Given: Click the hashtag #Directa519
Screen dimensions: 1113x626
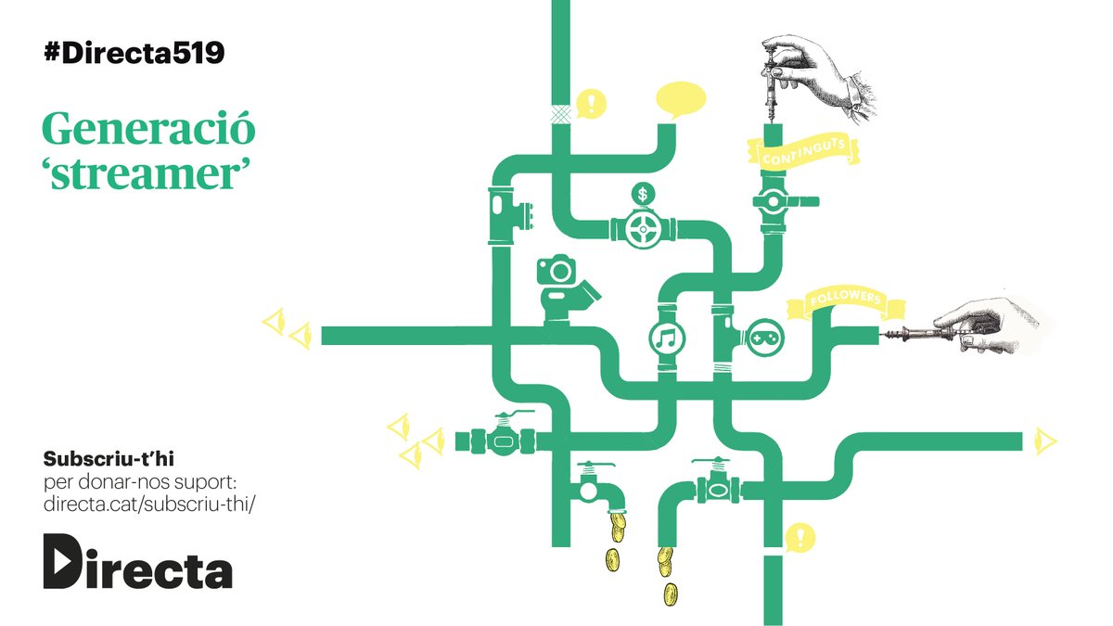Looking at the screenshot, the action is point(134,53).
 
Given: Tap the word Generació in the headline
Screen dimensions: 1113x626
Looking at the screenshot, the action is point(148,128).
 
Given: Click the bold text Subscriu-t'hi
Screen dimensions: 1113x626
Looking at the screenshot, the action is point(109,459).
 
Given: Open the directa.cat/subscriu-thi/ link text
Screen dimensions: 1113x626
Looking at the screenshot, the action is point(149,504).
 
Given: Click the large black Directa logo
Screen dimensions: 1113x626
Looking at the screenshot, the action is point(137,561).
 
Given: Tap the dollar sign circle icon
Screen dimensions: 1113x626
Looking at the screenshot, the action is point(643,194).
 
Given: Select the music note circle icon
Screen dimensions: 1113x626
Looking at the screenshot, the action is point(667,339).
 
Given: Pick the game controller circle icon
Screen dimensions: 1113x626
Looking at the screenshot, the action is point(766,339).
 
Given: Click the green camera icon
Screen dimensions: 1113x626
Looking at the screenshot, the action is point(556,270).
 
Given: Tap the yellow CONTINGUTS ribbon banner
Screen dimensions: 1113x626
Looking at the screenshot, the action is point(803,151).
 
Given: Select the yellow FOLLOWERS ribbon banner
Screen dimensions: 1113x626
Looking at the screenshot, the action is point(845,301).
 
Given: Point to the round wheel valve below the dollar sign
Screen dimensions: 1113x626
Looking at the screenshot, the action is point(643,229).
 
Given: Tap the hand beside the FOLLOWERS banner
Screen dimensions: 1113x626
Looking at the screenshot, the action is point(989,326).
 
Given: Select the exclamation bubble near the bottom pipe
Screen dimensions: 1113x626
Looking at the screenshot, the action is point(800,538).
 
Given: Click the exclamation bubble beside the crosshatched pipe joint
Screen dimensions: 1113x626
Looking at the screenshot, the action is point(591,104).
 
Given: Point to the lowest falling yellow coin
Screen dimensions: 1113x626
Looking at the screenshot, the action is point(671,594).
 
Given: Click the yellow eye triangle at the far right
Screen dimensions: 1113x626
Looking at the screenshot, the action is point(1045,441).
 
